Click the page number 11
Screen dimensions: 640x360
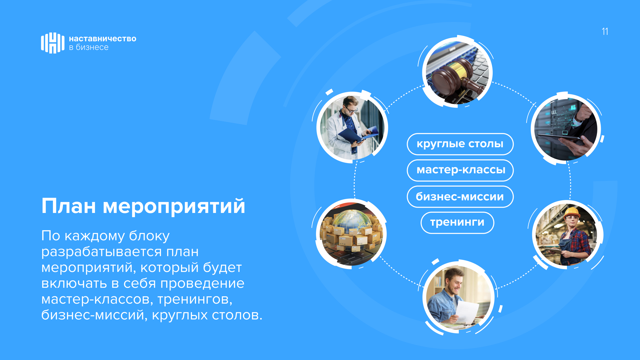(x=605, y=31)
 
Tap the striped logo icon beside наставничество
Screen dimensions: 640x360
(x=53, y=43)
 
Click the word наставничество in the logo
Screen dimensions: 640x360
(x=103, y=39)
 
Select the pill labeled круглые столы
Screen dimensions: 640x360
(x=460, y=144)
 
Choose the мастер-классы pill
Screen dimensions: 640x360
(x=460, y=170)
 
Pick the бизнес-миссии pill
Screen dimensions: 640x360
(x=460, y=197)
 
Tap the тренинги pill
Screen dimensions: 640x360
(x=457, y=223)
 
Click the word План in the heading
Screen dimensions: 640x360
(x=69, y=206)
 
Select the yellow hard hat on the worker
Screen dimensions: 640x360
(x=572, y=212)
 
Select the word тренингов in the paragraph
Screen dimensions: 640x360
(x=195, y=300)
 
